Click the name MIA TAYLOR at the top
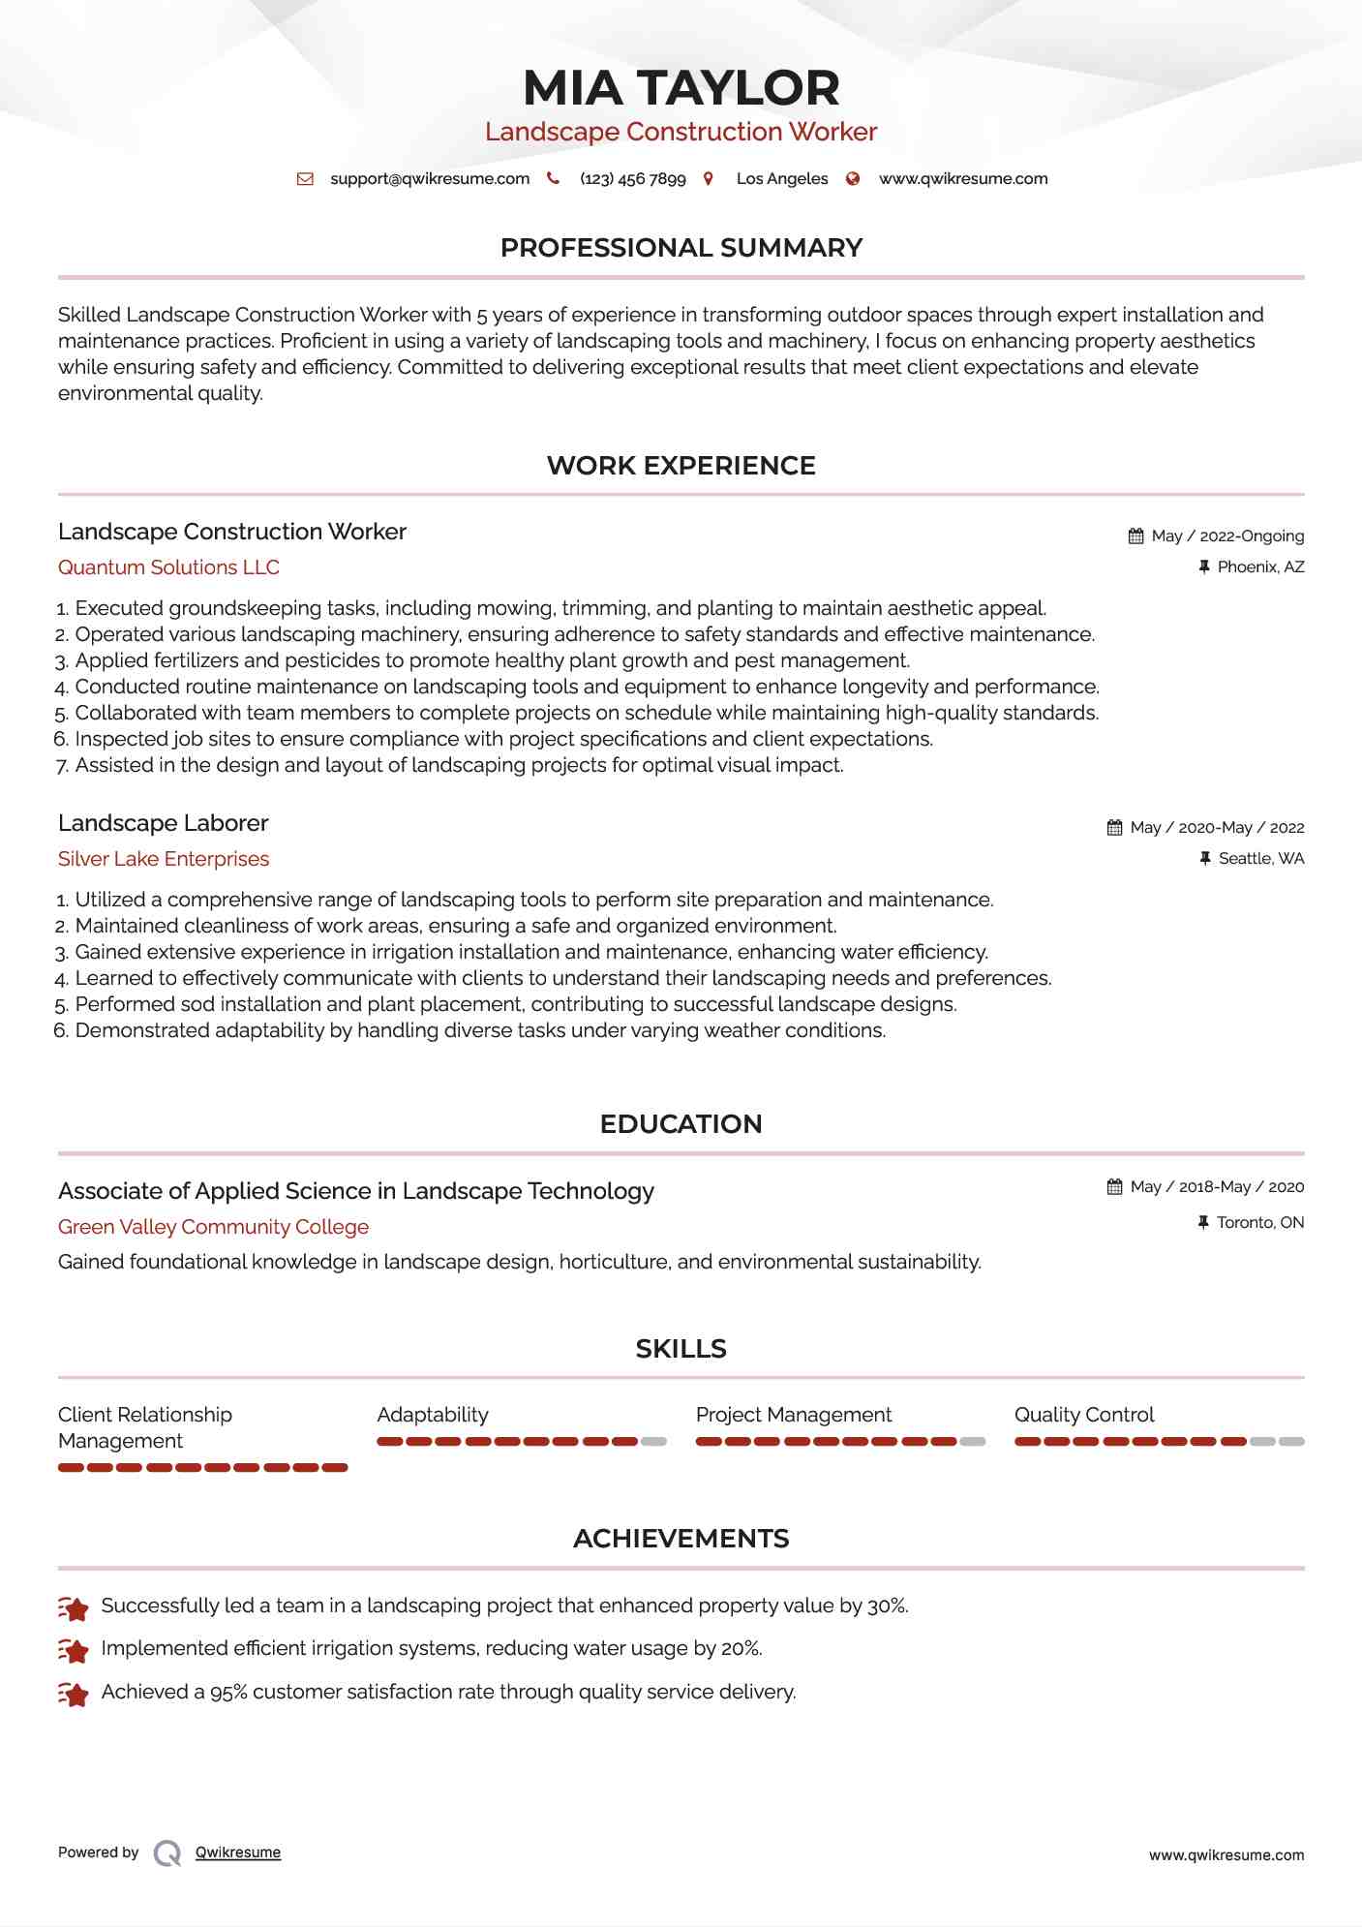click(x=681, y=88)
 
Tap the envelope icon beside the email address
click(x=305, y=179)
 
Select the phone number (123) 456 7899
click(x=632, y=179)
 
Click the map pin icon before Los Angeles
click(x=709, y=179)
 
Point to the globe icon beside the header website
click(x=853, y=179)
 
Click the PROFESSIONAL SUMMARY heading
click(x=681, y=248)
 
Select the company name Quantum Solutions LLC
click(x=168, y=567)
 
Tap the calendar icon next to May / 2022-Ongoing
click(x=1135, y=536)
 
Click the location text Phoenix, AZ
click(x=1260, y=567)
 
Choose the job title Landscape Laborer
click(x=163, y=823)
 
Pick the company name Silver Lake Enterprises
click(x=164, y=859)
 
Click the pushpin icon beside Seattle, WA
click(x=1205, y=859)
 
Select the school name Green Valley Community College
click(x=213, y=1227)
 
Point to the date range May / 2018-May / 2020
click(x=1217, y=1187)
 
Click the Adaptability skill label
click(x=433, y=1415)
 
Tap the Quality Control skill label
click(x=1084, y=1415)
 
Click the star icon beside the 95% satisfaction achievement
click(x=74, y=1693)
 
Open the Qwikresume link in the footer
click(x=238, y=1852)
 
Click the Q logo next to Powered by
click(x=167, y=1853)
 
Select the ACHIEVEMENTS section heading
click(x=681, y=1539)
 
